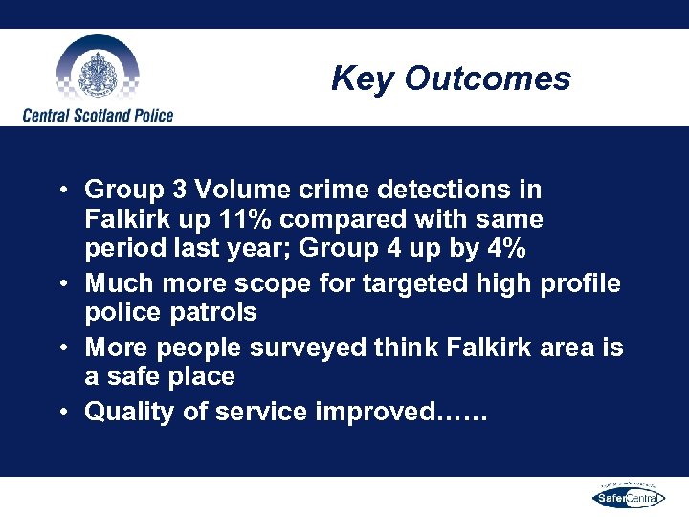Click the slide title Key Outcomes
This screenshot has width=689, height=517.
451,79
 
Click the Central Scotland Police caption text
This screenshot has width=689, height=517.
98,115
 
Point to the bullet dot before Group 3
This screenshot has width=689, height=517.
60,190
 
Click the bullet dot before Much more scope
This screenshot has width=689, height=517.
60,283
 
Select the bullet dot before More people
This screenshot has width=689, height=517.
60,348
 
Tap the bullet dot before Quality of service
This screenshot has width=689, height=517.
60,412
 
